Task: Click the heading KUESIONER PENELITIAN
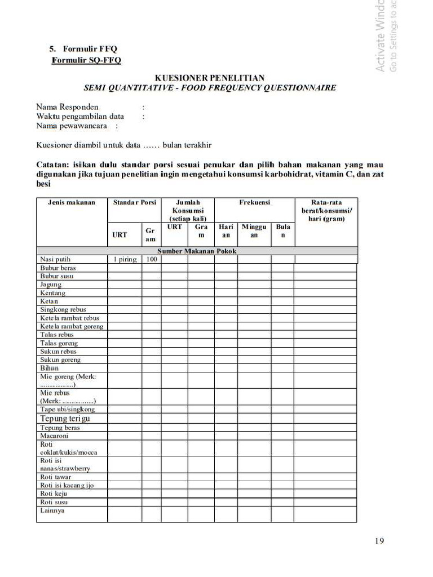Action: click(x=210, y=78)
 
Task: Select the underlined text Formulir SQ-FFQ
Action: click(x=86, y=60)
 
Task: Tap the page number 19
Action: click(x=379, y=542)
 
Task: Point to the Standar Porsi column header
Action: click(x=134, y=202)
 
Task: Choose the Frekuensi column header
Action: click(x=254, y=202)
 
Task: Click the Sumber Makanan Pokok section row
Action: click(x=197, y=251)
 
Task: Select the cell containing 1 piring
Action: click(x=125, y=259)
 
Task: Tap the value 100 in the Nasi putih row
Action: click(x=151, y=259)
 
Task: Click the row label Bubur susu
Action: click(x=56, y=276)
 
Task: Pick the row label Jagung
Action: click(x=51, y=285)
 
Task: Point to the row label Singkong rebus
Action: click(x=63, y=309)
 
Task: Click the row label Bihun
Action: click(x=49, y=368)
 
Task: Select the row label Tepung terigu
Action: click(x=65, y=419)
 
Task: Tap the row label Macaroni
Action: click(x=54, y=436)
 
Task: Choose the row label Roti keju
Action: click(x=54, y=494)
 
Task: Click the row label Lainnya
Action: click(x=52, y=511)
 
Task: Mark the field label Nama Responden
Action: click(x=67, y=107)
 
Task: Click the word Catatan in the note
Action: click(x=52, y=165)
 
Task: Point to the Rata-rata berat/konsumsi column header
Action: click(x=326, y=210)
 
